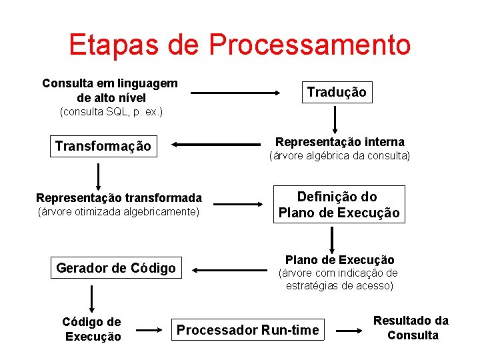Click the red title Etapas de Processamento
click(239, 45)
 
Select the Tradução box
click(336, 93)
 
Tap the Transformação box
click(103, 146)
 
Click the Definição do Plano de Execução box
click(339, 205)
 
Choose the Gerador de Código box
click(116, 268)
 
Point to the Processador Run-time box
click(247, 330)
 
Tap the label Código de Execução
click(92, 329)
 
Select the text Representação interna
click(339, 142)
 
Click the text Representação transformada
click(119, 197)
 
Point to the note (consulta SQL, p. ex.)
click(111, 111)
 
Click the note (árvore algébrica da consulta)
click(339, 156)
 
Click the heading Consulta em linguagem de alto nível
click(110, 90)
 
